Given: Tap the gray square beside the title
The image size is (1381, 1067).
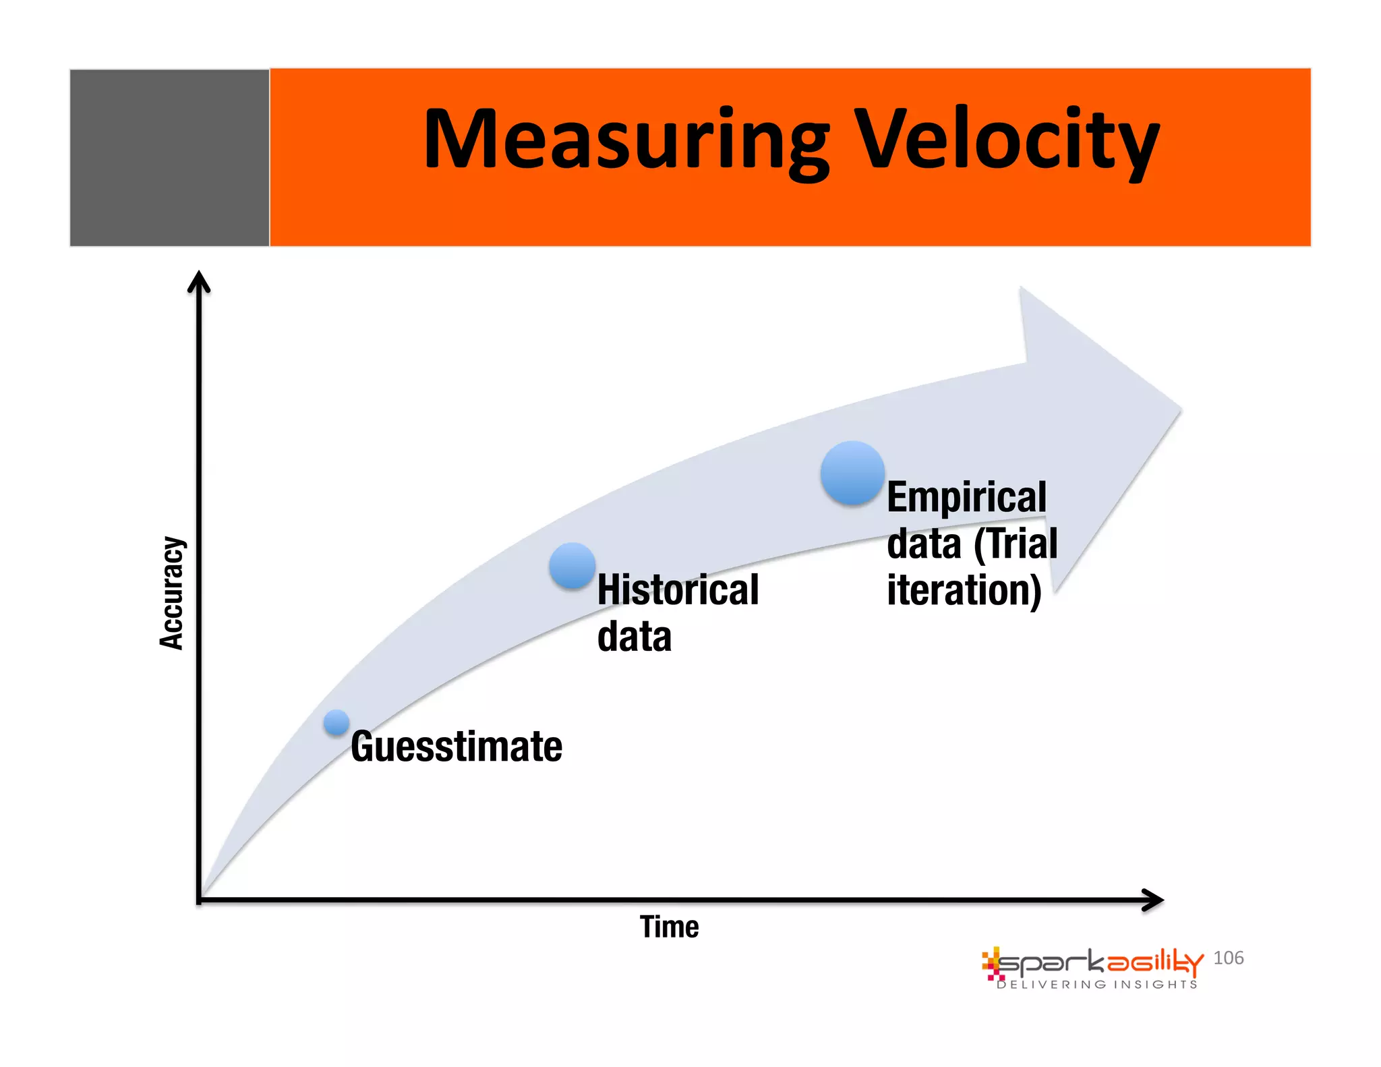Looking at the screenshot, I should [x=169, y=157].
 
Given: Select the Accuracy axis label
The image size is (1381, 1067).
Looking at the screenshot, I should [x=171, y=593].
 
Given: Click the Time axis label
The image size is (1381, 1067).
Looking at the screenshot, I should [x=669, y=927].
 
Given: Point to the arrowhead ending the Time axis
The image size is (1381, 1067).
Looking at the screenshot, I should [x=1154, y=900].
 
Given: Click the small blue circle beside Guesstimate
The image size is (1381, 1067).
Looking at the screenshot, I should [x=336, y=722].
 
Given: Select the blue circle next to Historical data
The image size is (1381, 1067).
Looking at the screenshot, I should [x=572, y=566].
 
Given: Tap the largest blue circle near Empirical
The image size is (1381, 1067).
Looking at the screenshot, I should [x=852, y=473].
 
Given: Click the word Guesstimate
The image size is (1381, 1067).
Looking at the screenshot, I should [x=457, y=747].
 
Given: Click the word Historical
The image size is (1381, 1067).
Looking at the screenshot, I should [x=678, y=590].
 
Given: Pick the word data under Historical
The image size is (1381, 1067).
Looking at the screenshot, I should [x=635, y=637].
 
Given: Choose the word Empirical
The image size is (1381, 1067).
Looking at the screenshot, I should [x=966, y=498].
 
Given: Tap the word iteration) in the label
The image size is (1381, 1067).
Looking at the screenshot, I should [x=964, y=591].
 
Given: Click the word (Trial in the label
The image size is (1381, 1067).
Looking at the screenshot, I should [x=1016, y=544].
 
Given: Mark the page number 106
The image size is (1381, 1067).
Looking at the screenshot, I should [x=1228, y=958].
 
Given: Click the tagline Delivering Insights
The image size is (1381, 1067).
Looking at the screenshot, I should [x=1097, y=985].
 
